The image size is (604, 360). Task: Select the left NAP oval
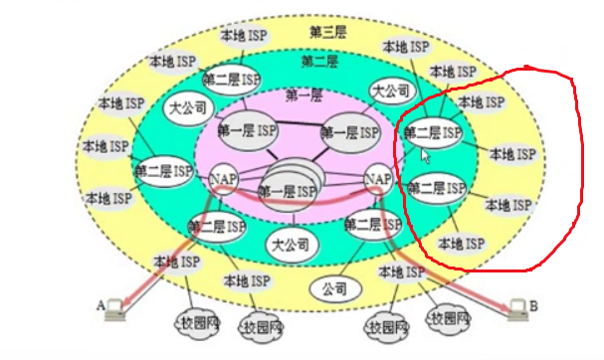(221, 178)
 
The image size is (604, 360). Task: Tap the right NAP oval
(378, 178)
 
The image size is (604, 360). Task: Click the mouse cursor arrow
(426, 155)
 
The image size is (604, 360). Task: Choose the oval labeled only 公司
(327, 291)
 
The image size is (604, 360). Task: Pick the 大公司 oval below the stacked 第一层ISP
(290, 243)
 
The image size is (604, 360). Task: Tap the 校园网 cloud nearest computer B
(447, 318)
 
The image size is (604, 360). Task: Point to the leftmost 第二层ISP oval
(163, 171)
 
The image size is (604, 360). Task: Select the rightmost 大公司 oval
(391, 90)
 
